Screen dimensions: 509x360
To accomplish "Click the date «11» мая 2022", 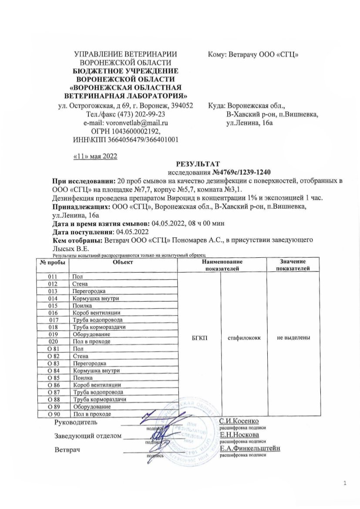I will point(94,156).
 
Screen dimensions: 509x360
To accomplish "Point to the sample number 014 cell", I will point(53,298).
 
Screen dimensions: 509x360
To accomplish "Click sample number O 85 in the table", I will point(53,378).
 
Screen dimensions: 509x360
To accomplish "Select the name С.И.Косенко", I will point(239,421).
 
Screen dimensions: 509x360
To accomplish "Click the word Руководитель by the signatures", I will point(76,422).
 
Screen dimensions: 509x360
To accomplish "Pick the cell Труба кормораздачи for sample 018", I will point(100,327).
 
